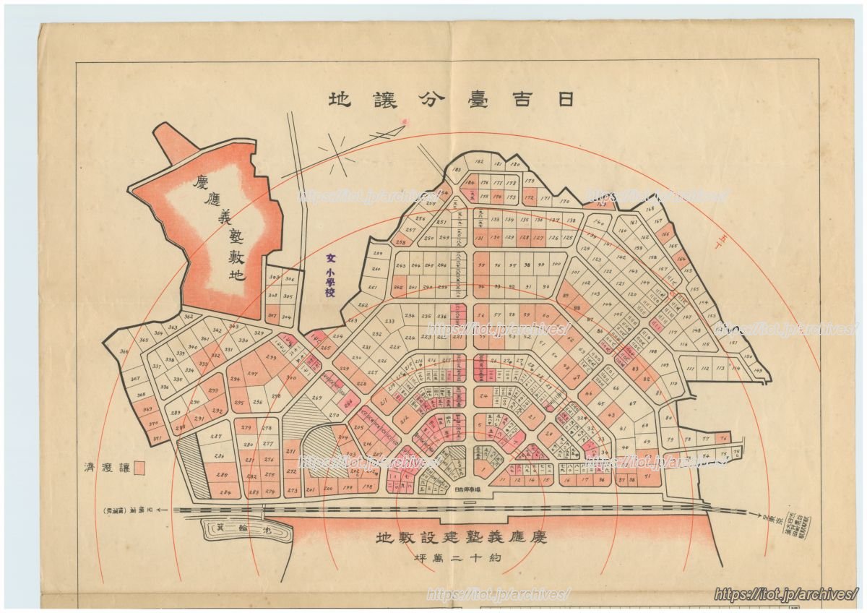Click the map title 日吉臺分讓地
pos(451,100)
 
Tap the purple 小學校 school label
pos(330,277)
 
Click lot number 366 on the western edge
pos(124,352)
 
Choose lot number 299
pos(272,358)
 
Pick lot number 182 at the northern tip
pos(478,163)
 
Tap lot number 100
pos(556,265)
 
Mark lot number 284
pos(225,494)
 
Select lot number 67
pos(632,403)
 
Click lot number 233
pos(389,322)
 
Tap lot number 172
pos(529,197)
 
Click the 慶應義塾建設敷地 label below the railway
pos(462,539)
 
